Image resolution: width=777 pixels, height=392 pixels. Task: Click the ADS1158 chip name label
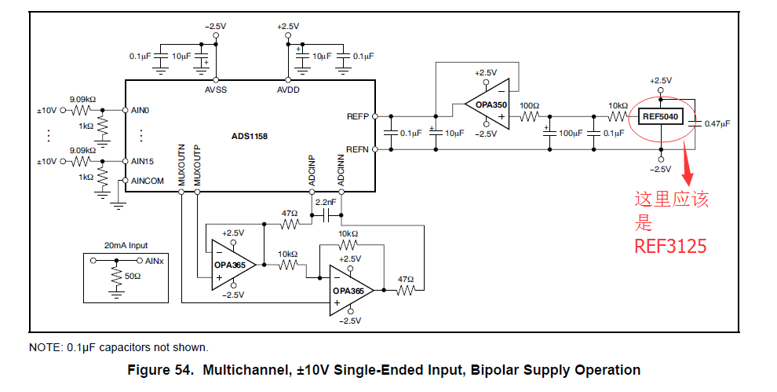[x=250, y=136]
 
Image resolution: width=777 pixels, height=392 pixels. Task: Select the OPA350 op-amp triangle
[x=487, y=104]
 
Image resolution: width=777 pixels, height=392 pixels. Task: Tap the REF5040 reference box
[x=661, y=117]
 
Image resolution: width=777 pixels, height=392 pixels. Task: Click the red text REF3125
[x=670, y=246]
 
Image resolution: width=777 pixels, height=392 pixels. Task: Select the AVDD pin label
[x=288, y=90]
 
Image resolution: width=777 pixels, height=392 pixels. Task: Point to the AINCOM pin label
[x=148, y=181]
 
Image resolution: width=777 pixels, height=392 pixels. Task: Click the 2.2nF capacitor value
[x=326, y=202]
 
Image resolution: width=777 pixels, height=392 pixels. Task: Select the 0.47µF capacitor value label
[x=717, y=123]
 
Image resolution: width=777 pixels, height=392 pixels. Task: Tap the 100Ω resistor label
[x=530, y=105]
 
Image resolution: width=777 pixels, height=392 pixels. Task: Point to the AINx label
[x=154, y=260]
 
